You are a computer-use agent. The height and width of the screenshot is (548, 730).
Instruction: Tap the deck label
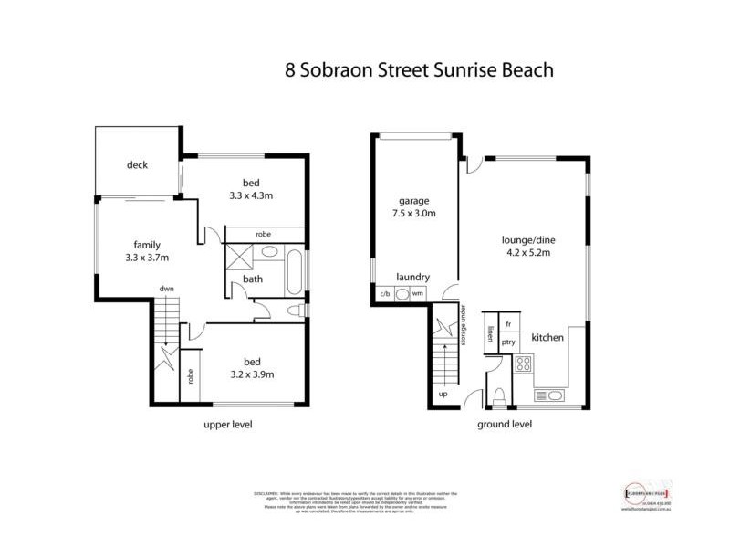[137, 165]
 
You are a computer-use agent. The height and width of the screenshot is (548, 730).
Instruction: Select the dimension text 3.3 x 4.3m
[251, 195]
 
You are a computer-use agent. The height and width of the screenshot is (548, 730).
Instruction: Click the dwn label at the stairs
[166, 289]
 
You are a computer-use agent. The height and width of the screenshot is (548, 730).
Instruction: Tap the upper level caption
[228, 425]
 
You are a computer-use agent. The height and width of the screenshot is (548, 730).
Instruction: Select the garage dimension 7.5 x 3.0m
[413, 215]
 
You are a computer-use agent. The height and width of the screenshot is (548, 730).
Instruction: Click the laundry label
[412, 277]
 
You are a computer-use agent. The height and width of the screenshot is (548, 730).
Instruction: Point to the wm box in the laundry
[418, 294]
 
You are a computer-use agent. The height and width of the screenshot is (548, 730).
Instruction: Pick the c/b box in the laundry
[384, 294]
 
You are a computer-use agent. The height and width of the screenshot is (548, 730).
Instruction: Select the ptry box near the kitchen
[508, 342]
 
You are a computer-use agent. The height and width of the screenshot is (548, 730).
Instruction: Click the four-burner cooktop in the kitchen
[524, 365]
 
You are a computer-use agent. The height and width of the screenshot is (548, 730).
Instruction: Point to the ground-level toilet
[498, 395]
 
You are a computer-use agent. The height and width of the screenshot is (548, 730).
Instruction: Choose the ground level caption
[504, 425]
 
